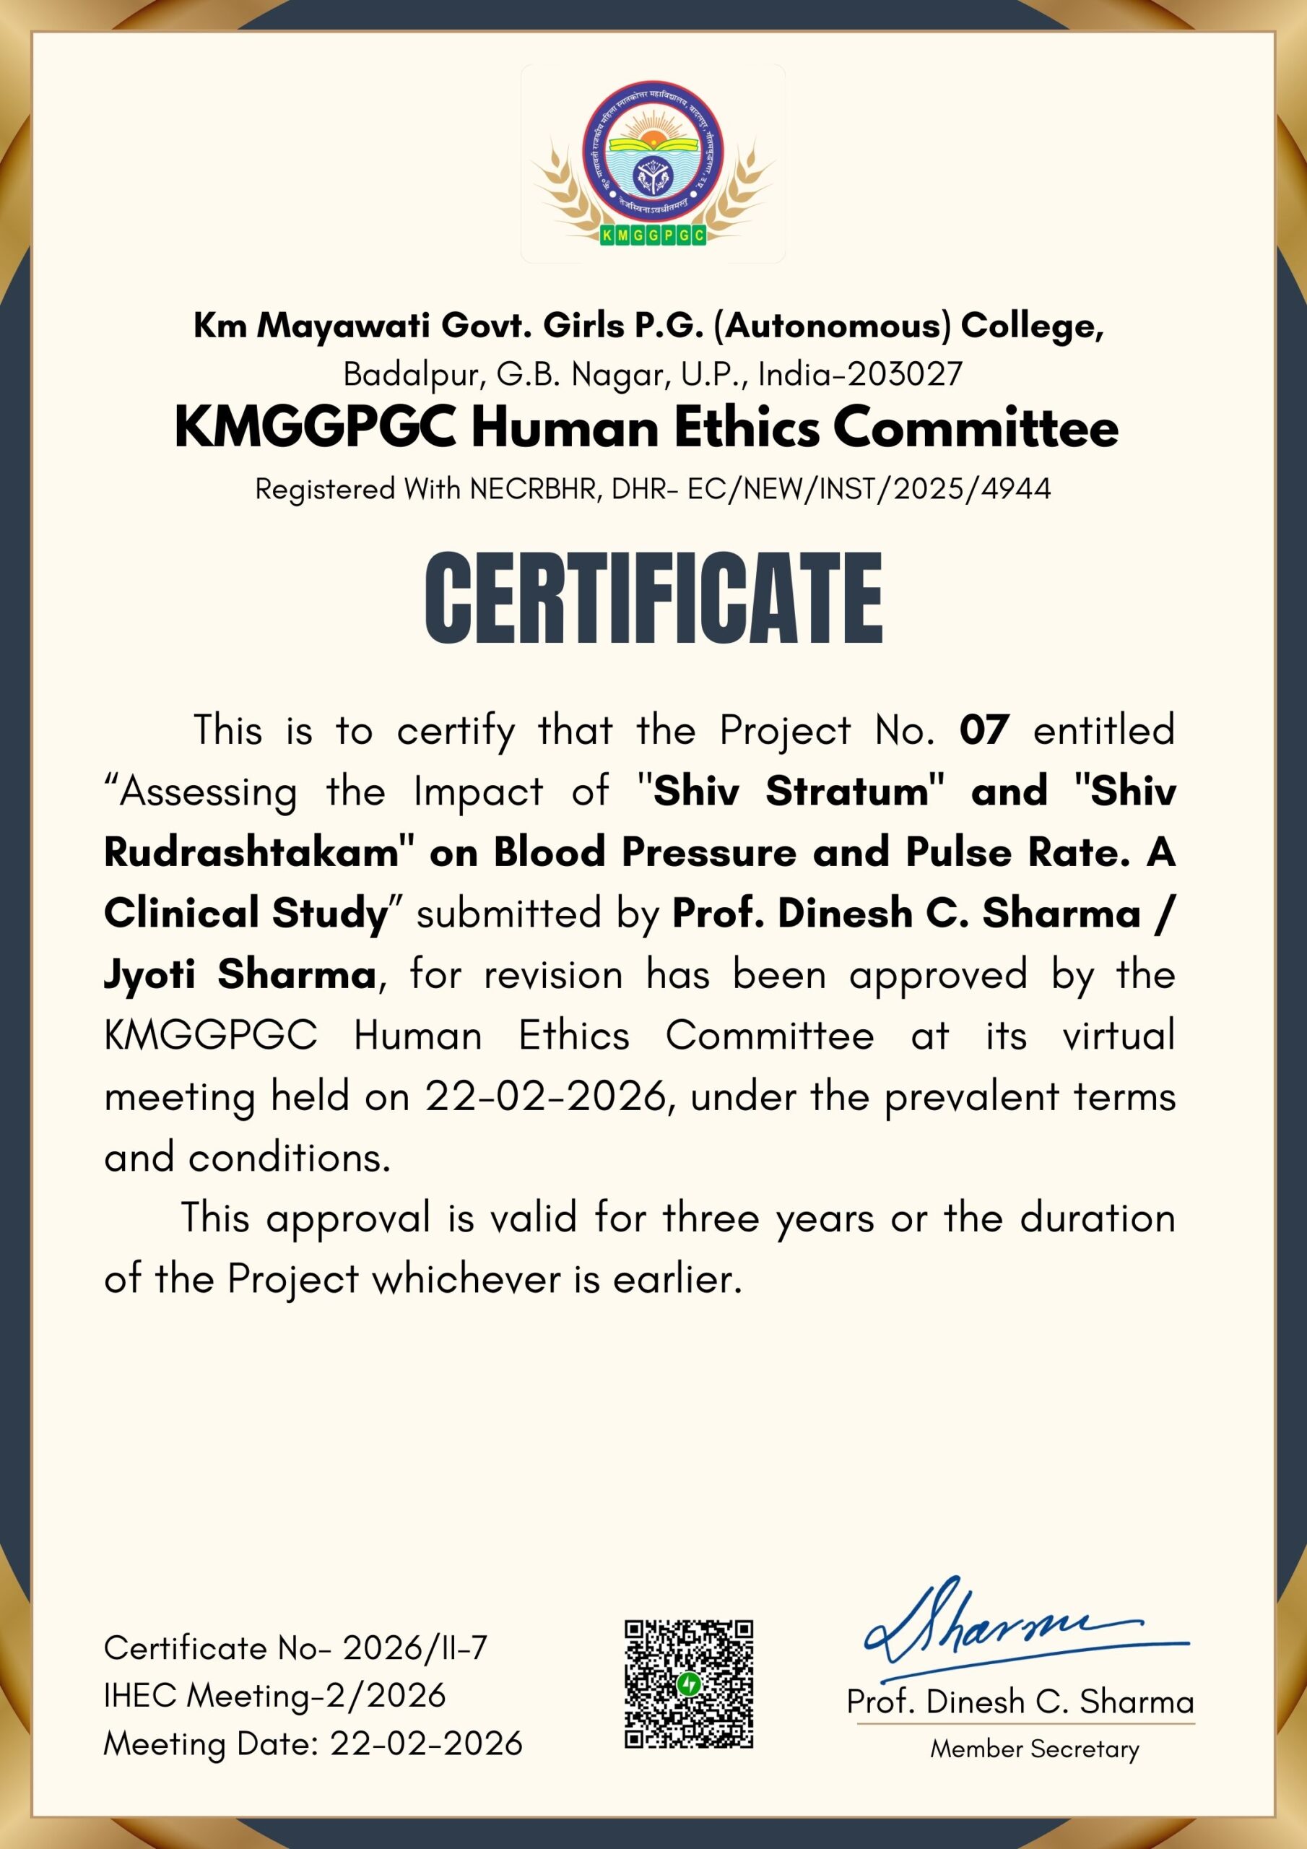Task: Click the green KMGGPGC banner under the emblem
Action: click(x=653, y=235)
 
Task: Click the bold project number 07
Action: click(x=984, y=730)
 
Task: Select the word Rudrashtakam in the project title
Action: click(x=251, y=853)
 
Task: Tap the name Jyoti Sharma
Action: click(x=240, y=975)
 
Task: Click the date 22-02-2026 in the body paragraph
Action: click(x=546, y=1097)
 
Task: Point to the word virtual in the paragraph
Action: click(x=1119, y=1036)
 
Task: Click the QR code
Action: click(x=689, y=1683)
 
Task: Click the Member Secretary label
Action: click(x=1035, y=1749)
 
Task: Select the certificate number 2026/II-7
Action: click(x=415, y=1648)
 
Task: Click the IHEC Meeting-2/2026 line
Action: click(x=274, y=1696)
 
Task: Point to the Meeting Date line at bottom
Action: click(x=313, y=1744)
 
